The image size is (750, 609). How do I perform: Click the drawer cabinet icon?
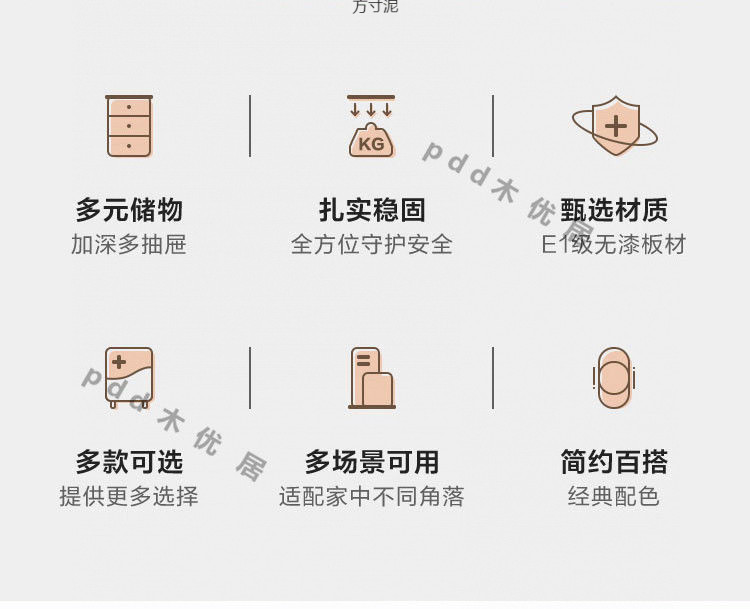[129, 127]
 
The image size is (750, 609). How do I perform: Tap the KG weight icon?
[371, 127]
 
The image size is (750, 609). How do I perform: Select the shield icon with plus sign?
[615, 126]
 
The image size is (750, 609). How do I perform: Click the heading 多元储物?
[129, 210]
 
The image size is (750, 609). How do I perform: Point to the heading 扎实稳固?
[372, 210]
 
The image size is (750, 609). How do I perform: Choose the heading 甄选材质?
[614, 210]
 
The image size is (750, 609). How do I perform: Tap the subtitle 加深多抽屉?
[129, 245]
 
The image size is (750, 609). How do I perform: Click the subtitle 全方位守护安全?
[372, 245]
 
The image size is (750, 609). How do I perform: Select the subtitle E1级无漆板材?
[614, 245]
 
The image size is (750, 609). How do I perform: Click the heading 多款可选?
[129, 462]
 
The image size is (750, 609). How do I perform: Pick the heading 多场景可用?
[372, 462]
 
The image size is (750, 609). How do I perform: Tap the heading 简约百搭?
[614, 462]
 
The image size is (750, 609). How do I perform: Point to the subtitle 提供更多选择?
[129, 497]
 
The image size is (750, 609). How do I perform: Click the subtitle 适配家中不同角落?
[372, 497]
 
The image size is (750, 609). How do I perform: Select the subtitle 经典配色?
[614, 497]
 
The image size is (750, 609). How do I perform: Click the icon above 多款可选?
[129, 377]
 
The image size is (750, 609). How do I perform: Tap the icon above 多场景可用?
[372, 378]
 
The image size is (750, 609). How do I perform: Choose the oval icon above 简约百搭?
[614, 378]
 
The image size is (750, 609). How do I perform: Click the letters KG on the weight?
[371, 144]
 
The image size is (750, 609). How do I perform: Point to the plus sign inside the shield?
[616, 125]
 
